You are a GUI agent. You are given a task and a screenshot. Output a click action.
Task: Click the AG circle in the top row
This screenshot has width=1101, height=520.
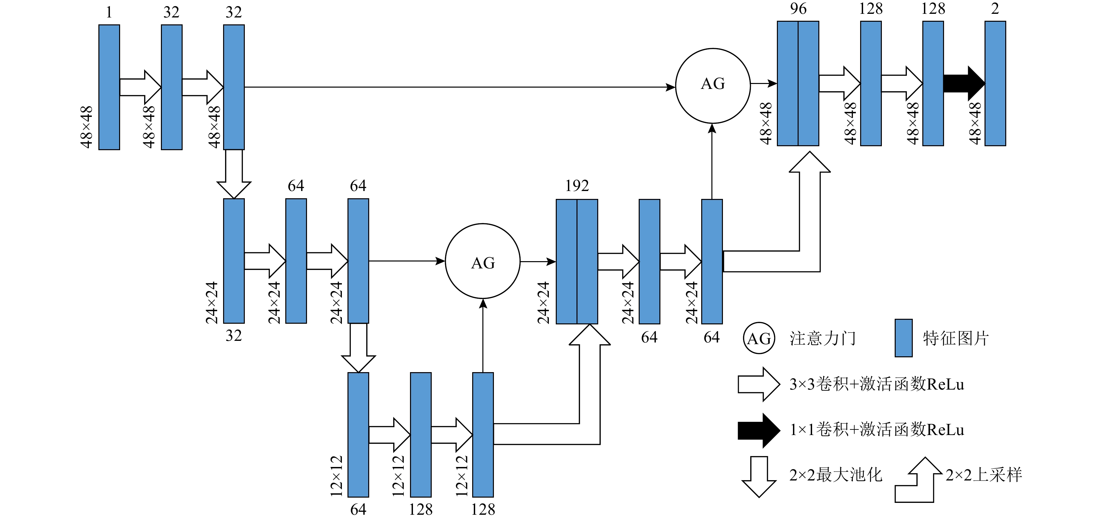coord(712,86)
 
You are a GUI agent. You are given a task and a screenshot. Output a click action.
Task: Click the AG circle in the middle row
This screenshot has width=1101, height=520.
coord(482,261)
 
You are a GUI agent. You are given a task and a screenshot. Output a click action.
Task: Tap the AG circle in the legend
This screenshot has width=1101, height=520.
coord(759,338)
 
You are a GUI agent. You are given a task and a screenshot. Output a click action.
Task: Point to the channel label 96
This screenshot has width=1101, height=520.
coord(798,9)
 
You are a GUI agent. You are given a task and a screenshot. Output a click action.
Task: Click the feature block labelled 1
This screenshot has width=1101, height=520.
coord(109,87)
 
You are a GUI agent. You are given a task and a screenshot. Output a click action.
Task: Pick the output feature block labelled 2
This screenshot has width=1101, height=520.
coord(995,83)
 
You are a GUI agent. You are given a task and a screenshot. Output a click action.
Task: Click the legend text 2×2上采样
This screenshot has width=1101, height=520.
coord(984,475)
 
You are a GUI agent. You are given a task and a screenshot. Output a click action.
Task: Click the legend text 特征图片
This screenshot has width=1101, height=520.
coord(956,338)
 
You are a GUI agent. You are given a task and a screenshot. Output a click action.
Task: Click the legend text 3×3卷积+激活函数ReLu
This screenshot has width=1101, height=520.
coord(876,384)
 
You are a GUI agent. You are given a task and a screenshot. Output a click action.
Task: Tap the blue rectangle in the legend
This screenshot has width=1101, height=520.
coord(904,338)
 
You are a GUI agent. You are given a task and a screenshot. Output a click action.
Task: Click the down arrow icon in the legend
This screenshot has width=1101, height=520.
coord(759,477)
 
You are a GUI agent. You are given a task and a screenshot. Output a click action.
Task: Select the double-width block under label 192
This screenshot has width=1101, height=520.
coord(576,261)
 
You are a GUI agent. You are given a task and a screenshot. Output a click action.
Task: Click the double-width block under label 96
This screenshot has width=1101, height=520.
coord(798,83)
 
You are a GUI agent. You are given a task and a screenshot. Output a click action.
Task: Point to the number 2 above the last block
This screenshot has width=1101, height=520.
coord(995,9)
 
